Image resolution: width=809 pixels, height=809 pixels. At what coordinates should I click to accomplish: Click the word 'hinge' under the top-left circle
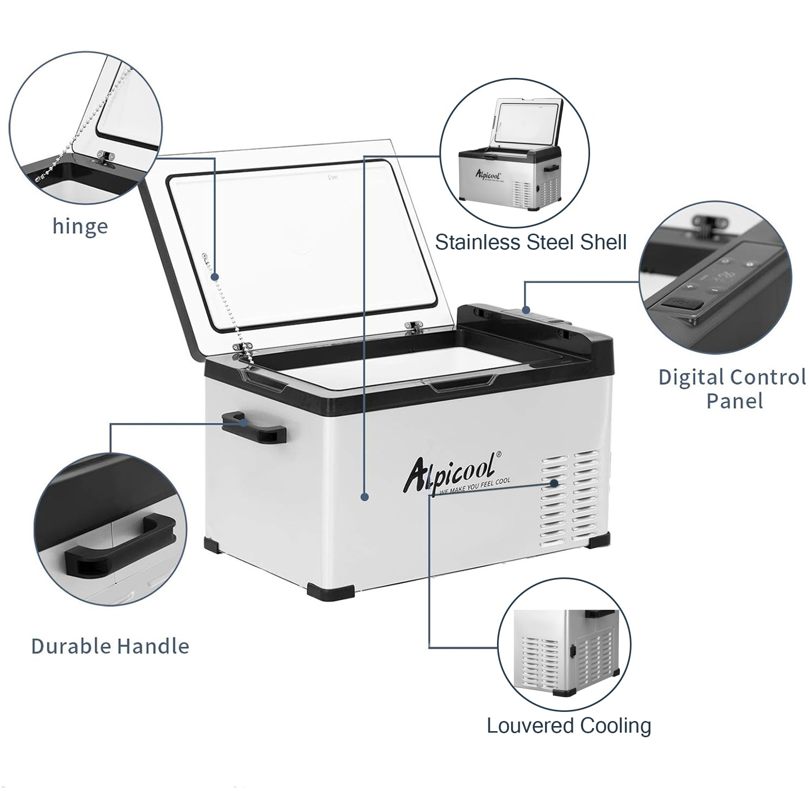pos(80,227)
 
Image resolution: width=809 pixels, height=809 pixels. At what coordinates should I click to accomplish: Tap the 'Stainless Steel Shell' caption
pos(531,242)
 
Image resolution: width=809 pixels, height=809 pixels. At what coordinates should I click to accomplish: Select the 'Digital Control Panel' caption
pos(732,389)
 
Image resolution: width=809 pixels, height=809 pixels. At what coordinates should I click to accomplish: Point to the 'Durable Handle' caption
pos(110,646)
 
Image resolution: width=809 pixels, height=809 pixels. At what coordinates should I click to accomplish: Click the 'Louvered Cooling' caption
pos(569,726)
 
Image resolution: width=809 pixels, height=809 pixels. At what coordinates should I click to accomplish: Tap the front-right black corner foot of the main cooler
pos(599,538)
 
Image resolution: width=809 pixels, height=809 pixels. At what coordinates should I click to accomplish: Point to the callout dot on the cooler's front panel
pos(365,498)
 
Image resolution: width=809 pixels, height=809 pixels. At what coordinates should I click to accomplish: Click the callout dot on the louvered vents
pos(555,483)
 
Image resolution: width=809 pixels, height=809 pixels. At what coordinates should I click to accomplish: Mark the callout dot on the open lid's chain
pos(215,277)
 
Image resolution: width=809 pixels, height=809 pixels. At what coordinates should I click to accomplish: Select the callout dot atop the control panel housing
pos(526,310)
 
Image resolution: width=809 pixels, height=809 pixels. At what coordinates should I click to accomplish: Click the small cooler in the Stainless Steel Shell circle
pos(510,154)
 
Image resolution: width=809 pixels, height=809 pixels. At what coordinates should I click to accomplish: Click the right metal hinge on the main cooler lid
pos(414,327)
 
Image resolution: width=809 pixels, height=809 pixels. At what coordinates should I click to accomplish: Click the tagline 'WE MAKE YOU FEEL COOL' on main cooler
pos(475,486)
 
